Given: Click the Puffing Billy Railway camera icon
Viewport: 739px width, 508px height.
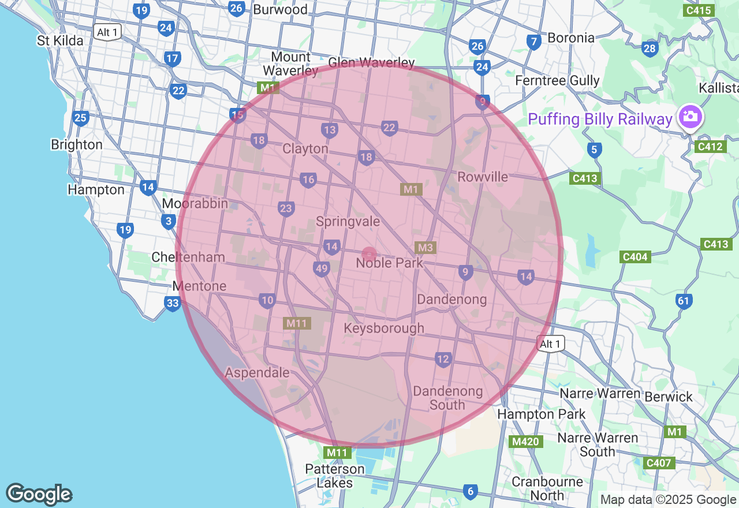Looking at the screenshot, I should [689, 117].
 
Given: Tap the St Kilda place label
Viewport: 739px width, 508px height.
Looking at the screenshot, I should [60, 40].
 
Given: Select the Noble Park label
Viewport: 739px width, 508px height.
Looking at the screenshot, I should [389, 263].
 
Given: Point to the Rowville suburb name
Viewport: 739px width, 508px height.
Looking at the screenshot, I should [483, 177].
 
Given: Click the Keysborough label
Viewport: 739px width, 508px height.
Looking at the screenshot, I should [384, 328].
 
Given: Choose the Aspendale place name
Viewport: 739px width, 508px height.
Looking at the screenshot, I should [257, 373].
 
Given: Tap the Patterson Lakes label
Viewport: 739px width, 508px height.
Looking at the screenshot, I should [335, 476].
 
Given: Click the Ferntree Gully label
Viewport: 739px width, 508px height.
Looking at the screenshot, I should [557, 80].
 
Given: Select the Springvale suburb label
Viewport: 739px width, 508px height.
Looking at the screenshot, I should [348, 222].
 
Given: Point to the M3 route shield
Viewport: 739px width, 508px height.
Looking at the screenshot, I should [425, 248].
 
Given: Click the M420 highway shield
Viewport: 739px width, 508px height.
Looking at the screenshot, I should [525, 442].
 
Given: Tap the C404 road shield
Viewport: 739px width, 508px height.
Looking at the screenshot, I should [635, 257].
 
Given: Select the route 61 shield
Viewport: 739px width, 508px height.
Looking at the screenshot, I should [684, 301].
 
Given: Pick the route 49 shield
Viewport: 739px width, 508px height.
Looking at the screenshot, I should [322, 268].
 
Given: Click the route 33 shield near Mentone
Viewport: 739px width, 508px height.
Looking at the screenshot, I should [173, 304].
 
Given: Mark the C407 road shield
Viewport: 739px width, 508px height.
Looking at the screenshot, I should [658, 463].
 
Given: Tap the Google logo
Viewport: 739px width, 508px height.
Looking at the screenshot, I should [39, 495].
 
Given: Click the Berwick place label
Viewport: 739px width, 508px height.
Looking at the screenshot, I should [669, 397].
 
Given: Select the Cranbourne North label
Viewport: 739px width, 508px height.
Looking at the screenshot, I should [547, 488].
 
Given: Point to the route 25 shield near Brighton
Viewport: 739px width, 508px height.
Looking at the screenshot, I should [80, 119].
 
